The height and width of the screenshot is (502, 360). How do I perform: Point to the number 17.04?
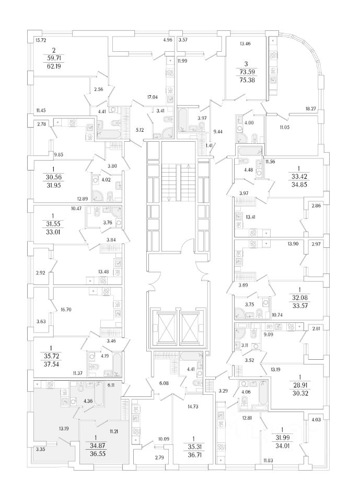153,97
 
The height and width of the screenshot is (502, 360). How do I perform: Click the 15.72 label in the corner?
41,40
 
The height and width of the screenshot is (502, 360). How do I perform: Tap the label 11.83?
268,460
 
